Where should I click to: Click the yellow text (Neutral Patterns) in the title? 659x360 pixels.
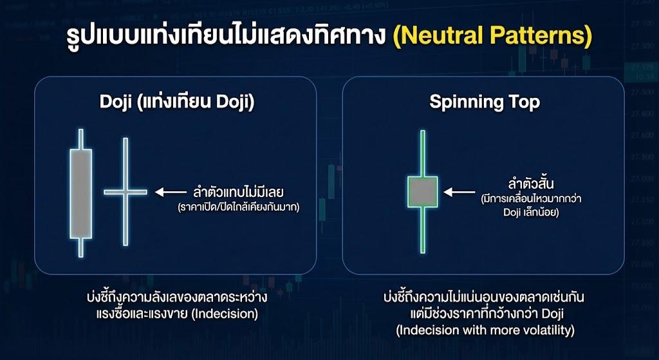(492, 36)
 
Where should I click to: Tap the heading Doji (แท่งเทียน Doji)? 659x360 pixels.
(177, 103)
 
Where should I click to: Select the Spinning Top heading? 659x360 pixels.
(485, 103)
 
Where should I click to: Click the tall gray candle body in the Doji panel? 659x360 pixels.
(80, 194)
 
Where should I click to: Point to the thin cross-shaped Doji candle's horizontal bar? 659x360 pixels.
(126, 191)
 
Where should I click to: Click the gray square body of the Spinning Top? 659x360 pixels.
(423, 192)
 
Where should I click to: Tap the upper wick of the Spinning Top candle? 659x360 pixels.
(423, 153)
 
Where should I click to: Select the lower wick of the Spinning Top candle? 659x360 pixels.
(423, 229)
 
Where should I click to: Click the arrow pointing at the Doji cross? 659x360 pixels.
(169, 191)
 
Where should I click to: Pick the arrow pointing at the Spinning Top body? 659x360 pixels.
(458, 191)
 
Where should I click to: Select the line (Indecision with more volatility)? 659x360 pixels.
(485, 330)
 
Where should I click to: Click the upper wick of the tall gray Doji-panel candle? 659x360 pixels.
(80, 139)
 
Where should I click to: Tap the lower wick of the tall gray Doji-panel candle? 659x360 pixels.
(80, 247)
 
